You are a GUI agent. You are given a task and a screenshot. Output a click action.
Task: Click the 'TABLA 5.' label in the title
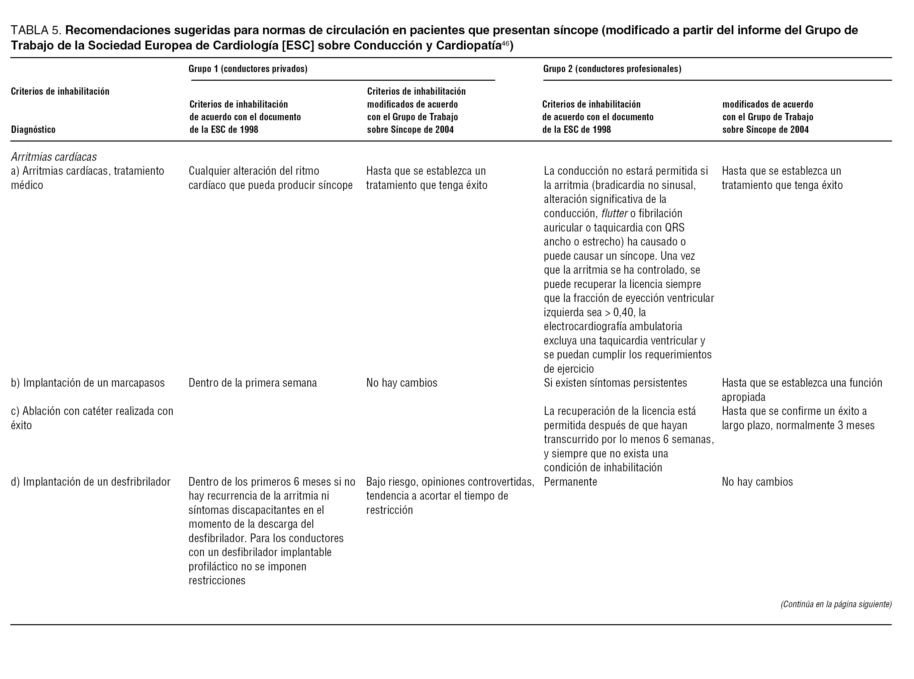click(36, 31)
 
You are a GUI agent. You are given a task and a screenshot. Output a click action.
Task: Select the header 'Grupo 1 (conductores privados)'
click(248, 69)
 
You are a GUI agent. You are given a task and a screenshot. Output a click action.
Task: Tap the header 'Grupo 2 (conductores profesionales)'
click(612, 69)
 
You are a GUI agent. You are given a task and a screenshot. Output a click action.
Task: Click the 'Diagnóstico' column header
click(33, 130)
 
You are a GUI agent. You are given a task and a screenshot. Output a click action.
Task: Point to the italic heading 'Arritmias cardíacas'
click(54, 157)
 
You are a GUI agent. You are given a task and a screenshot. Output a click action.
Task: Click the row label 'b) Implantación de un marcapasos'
click(88, 383)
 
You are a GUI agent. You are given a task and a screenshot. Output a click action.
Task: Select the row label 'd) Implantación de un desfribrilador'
click(90, 482)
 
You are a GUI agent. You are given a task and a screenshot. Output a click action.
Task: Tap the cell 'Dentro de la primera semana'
click(253, 383)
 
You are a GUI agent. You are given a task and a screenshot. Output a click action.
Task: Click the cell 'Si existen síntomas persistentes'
click(615, 383)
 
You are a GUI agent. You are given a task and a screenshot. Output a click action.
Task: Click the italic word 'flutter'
click(614, 214)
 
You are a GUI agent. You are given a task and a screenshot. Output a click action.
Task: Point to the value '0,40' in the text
click(623, 312)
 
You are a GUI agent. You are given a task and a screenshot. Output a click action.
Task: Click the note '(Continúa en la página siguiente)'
click(836, 604)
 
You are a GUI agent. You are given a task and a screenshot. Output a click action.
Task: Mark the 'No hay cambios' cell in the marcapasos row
click(402, 383)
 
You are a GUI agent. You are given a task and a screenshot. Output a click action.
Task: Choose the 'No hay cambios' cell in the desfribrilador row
click(757, 482)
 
